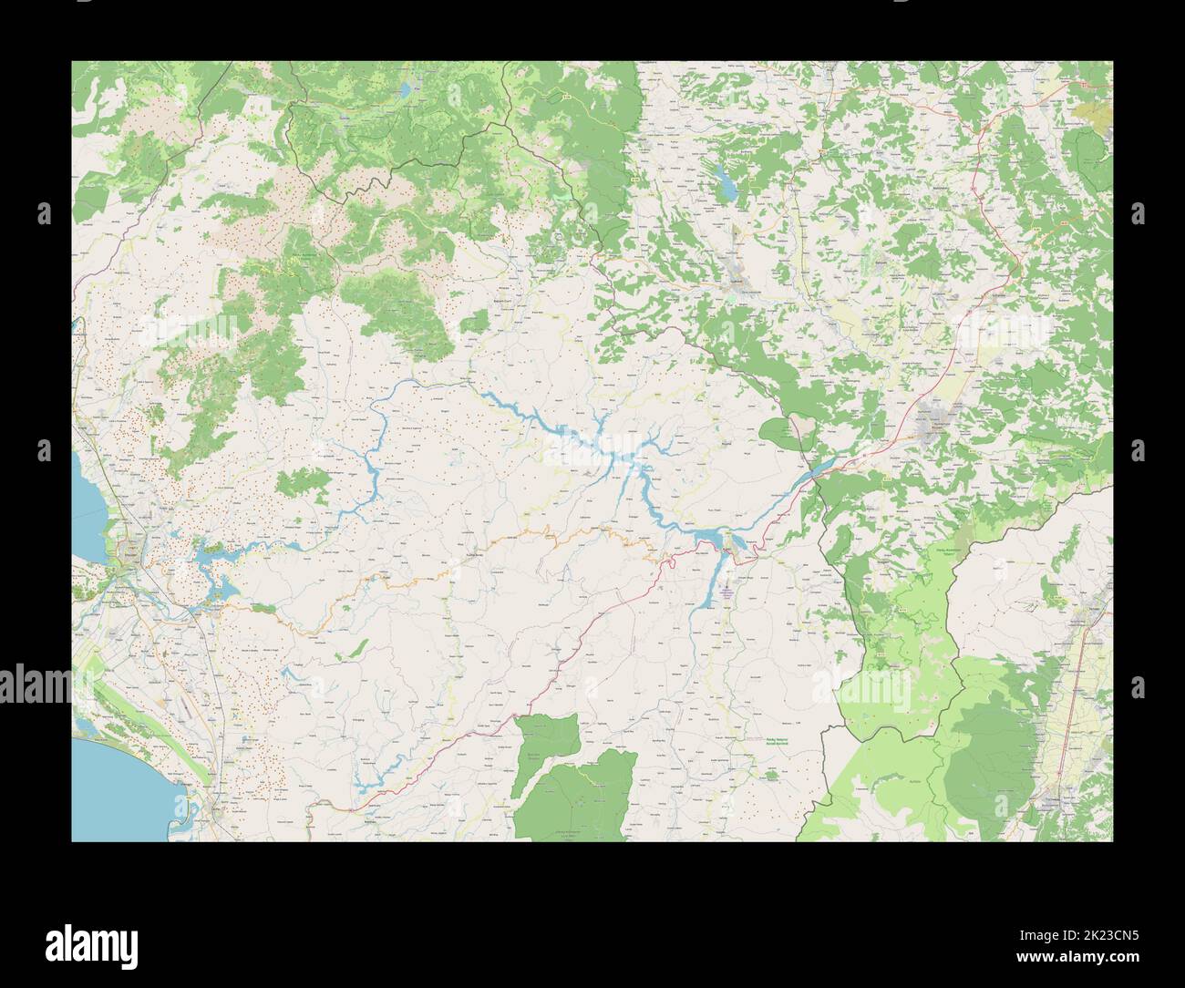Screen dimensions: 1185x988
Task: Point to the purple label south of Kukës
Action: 726,592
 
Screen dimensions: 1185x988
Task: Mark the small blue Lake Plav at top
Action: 404,90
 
